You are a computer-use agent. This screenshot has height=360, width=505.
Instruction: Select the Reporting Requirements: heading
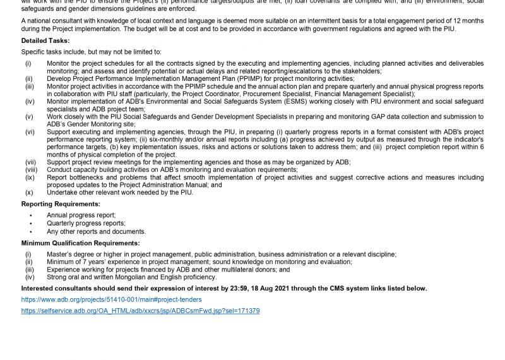(x=61, y=204)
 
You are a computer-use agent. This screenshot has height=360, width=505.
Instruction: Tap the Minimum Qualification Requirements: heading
(x=81, y=243)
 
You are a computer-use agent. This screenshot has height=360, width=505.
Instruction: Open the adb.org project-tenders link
(x=111, y=299)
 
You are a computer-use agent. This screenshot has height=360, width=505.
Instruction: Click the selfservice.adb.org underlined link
(x=140, y=311)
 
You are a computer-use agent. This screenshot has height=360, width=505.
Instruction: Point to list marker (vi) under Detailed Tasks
(x=29, y=132)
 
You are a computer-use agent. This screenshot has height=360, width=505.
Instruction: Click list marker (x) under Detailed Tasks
(x=29, y=193)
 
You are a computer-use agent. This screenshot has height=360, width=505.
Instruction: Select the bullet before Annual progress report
(x=31, y=215)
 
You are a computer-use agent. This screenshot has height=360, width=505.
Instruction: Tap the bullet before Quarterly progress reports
(x=31, y=223)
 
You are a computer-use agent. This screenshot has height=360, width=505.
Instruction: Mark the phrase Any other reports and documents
(x=96, y=231)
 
